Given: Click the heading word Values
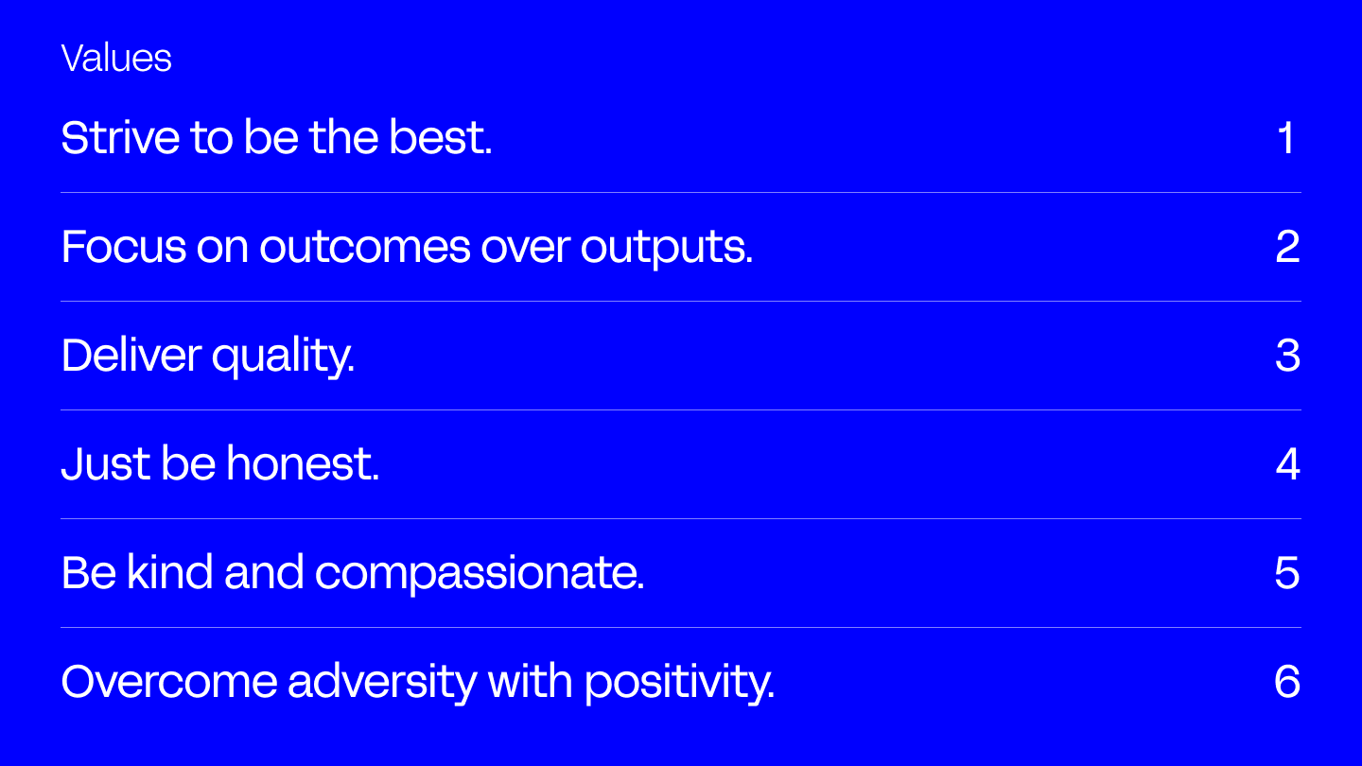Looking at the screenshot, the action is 116,59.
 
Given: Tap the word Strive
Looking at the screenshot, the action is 120,137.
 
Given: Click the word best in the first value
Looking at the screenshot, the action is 440,137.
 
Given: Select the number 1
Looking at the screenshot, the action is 1285,137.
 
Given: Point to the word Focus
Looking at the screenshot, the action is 124,246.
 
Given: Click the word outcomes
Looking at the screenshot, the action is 365,247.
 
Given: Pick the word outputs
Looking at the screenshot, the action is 667,249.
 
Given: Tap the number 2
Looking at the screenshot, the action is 1288,246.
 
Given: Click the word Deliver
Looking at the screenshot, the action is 131,355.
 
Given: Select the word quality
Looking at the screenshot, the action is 283,357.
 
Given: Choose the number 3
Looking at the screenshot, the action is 1288,355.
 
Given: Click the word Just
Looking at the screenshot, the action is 106,463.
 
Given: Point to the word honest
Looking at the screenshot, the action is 303,463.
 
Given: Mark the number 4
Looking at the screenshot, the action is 1288,463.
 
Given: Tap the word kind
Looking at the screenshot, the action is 169,571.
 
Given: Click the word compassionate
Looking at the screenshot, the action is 480,574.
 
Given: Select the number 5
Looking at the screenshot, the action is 1287,573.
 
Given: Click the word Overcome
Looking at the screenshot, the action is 169,682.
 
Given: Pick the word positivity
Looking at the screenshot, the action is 680,684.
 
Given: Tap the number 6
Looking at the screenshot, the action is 1287,682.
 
